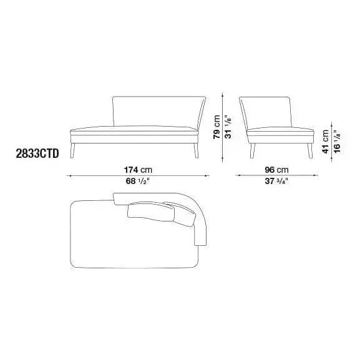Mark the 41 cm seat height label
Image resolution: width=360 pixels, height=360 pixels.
click(325, 141)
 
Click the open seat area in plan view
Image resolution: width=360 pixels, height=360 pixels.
click(125, 243)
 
